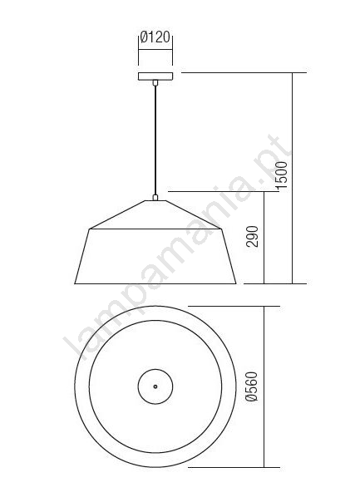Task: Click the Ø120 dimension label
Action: [155, 37]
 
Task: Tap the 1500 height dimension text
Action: [282, 175]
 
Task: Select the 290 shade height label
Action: [253, 237]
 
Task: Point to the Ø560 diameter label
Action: [253, 386]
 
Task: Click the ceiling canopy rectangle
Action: [155, 76]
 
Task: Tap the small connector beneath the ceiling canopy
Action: [155, 83]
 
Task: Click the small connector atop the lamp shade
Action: [155, 198]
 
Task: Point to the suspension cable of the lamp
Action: [155, 140]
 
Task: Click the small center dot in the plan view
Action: [155, 386]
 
